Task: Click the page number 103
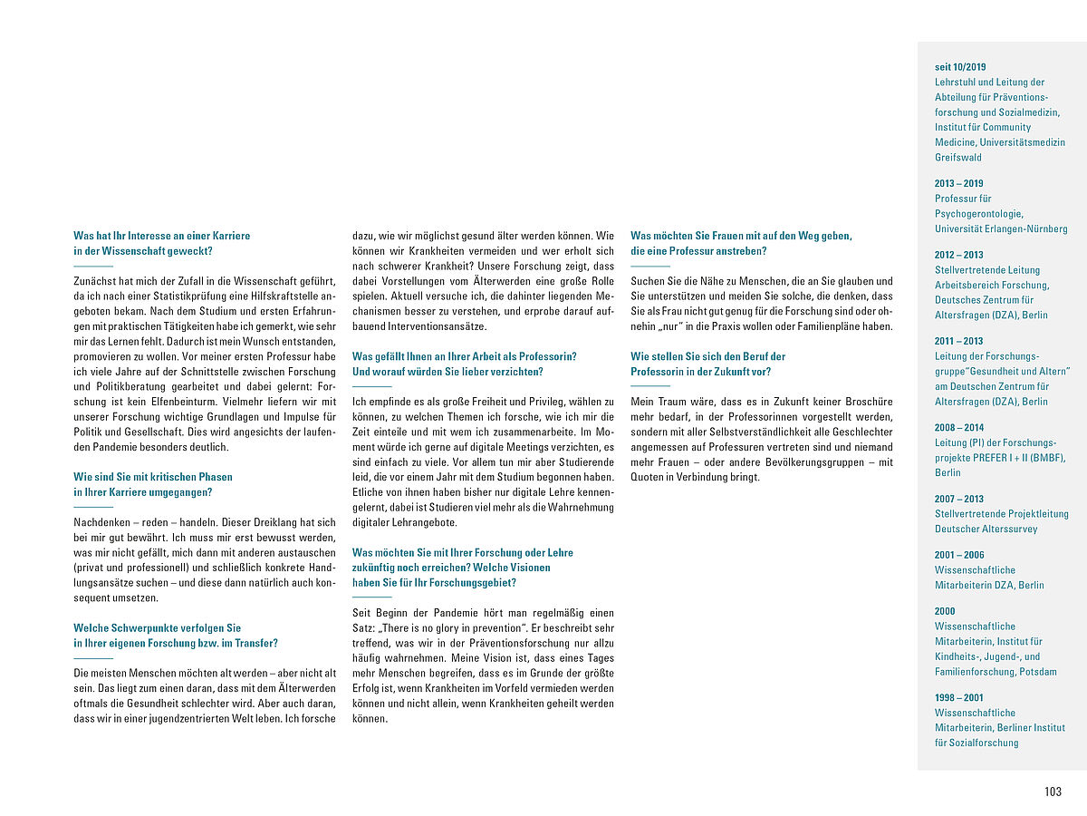[x=1053, y=792]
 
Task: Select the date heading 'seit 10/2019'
[x=960, y=67]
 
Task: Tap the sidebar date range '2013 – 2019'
[x=958, y=183]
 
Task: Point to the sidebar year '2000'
[x=945, y=611]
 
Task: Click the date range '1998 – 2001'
[x=958, y=697]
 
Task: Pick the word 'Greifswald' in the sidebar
[x=958, y=158]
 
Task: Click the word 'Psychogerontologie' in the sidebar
[x=979, y=214]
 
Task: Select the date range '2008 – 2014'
[x=958, y=427]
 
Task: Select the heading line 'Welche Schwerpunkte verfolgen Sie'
[x=157, y=627]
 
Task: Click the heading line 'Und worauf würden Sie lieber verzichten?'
[x=447, y=372]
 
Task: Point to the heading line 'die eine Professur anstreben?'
[x=698, y=251]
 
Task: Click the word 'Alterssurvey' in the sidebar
[x=1010, y=529]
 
